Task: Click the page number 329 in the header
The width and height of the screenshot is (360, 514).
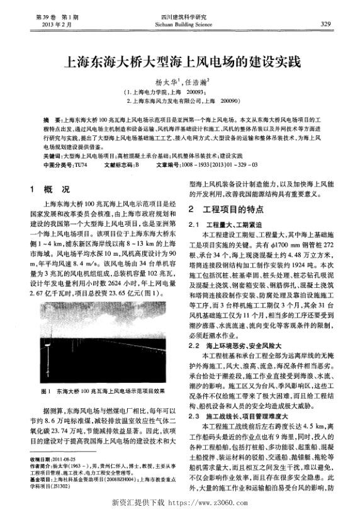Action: [x=325, y=23]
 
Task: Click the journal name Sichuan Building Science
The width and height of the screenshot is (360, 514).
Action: [x=179, y=23]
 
